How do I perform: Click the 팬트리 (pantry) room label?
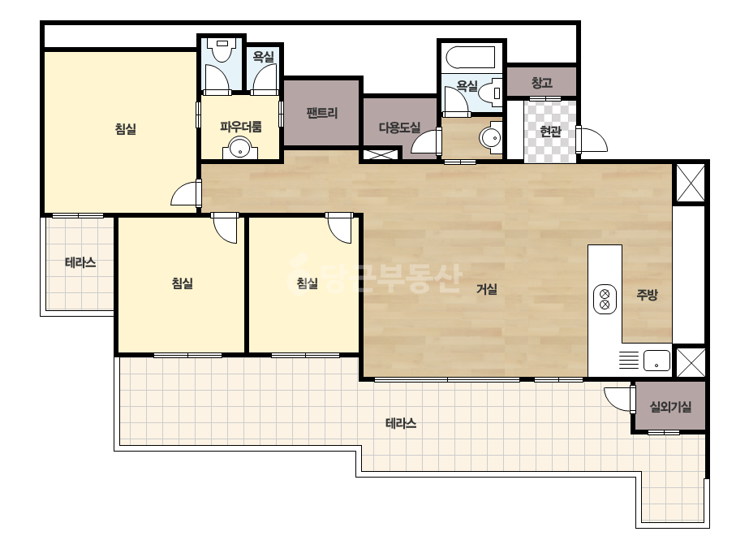[x=322, y=114]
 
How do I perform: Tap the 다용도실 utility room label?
[x=399, y=128]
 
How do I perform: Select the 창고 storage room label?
[x=542, y=83]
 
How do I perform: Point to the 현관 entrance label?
[x=550, y=131]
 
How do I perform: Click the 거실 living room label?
[x=487, y=289]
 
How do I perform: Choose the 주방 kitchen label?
[x=647, y=295]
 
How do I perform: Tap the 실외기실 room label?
[x=670, y=407]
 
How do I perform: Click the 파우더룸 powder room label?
[x=241, y=127]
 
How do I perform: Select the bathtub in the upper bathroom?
[x=471, y=58]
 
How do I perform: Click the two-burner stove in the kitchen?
[x=605, y=300]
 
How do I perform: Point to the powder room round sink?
[x=240, y=148]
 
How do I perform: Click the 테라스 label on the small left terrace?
[x=80, y=262]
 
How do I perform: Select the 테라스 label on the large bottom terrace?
[x=401, y=423]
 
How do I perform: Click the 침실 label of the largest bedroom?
[x=126, y=129]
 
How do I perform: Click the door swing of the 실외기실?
[x=618, y=400]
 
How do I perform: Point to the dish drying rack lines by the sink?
[x=629, y=360]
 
